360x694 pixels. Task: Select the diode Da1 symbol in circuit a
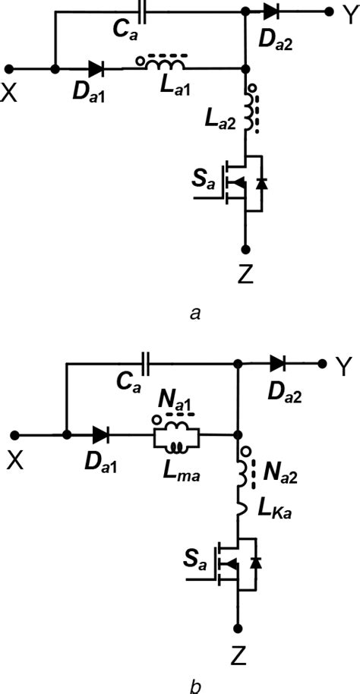(95, 68)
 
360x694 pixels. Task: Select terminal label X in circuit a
(10, 90)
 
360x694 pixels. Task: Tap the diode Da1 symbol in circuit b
(100, 435)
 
